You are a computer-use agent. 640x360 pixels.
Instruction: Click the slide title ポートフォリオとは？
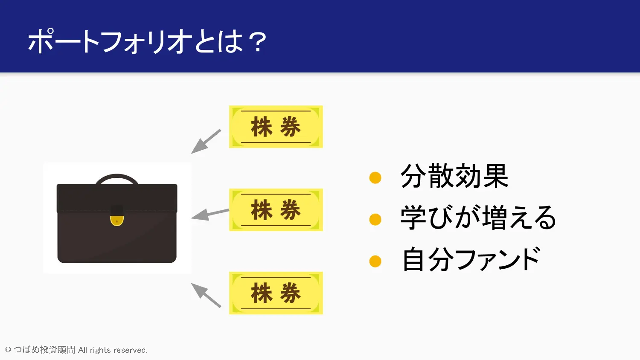pyautogui.click(x=147, y=41)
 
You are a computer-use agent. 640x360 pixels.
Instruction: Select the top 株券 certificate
pyautogui.click(x=276, y=127)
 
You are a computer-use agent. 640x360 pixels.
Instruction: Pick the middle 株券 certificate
pyautogui.click(x=276, y=210)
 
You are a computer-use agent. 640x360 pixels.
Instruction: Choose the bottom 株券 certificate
pyautogui.click(x=276, y=293)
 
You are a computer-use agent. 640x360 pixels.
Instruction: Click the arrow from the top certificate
pyautogui.click(x=206, y=141)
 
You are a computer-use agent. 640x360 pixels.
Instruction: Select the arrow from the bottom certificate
pyautogui.click(x=206, y=295)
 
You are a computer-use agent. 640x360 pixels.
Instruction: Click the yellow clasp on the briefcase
pyautogui.click(x=116, y=220)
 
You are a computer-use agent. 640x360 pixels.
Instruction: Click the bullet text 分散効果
pyautogui.click(x=454, y=176)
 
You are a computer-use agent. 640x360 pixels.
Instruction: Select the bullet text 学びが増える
pyautogui.click(x=478, y=218)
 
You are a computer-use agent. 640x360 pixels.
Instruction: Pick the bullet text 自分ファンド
pyautogui.click(x=471, y=259)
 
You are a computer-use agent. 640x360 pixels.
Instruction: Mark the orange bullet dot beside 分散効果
pyautogui.click(x=375, y=177)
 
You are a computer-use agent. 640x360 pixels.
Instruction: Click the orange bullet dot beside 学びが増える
pyautogui.click(x=375, y=219)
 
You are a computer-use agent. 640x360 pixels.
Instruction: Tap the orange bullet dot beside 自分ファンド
pyautogui.click(x=375, y=261)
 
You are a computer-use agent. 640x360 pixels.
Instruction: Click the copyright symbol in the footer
pyautogui.click(x=8, y=350)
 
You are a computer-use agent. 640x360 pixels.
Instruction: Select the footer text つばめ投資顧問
pyautogui.click(x=44, y=350)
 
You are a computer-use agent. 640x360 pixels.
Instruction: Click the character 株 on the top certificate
pyautogui.click(x=262, y=127)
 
